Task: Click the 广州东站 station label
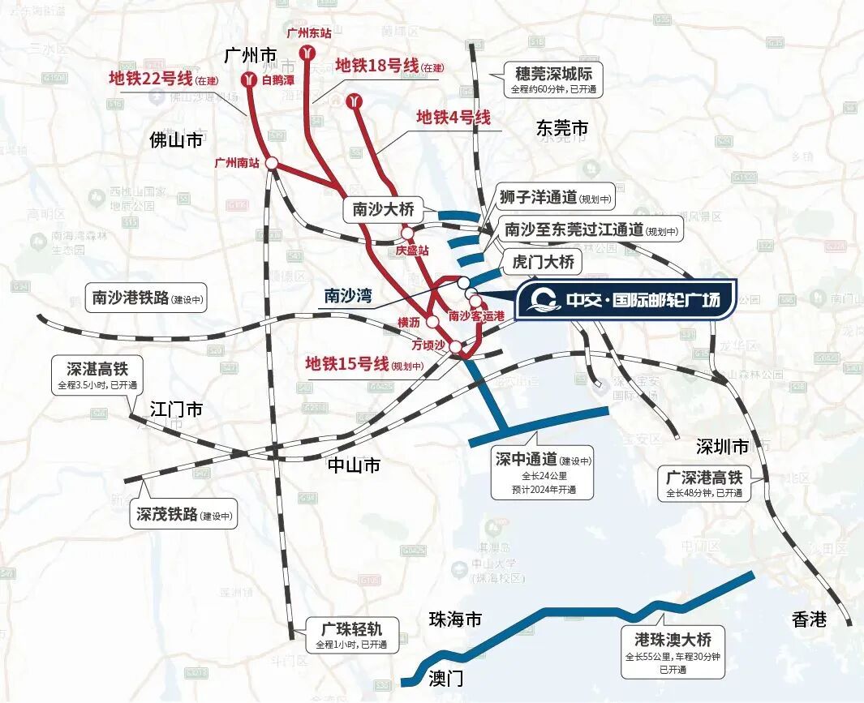tap(309, 33)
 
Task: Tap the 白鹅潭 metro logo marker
tap(249, 80)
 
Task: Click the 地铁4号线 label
tap(453, 117)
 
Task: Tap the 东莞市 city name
tap(561, 128)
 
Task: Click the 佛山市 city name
tap(176, 140)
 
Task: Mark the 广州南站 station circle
tap(273, 163)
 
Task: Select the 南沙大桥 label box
tap(383, 210)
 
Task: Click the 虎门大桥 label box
tap(543, 262)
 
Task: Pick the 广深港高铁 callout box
tap(703, 483)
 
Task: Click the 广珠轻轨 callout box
tap(352, 635)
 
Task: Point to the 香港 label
tap(809, 620)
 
